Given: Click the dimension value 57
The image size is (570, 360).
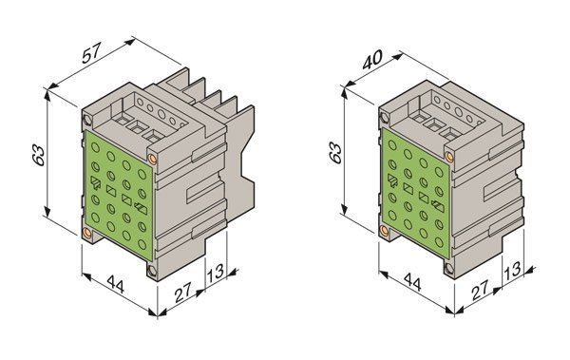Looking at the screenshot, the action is (90, 53).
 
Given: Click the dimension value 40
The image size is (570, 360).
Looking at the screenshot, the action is (372, 59).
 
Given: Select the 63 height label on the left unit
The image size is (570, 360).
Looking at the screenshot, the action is (39, 156).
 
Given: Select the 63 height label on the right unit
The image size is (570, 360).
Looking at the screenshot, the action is (335, 153).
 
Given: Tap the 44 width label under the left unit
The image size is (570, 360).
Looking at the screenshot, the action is (116, 284).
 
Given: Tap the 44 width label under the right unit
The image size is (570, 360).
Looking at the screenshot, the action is (412, 282).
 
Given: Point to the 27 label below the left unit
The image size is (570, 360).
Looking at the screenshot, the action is (182, 293).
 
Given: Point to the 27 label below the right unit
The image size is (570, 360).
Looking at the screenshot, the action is (480, 290).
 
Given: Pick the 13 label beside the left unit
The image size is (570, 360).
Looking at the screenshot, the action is (216, 273).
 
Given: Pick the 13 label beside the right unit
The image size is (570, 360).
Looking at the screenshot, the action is (513, 270).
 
